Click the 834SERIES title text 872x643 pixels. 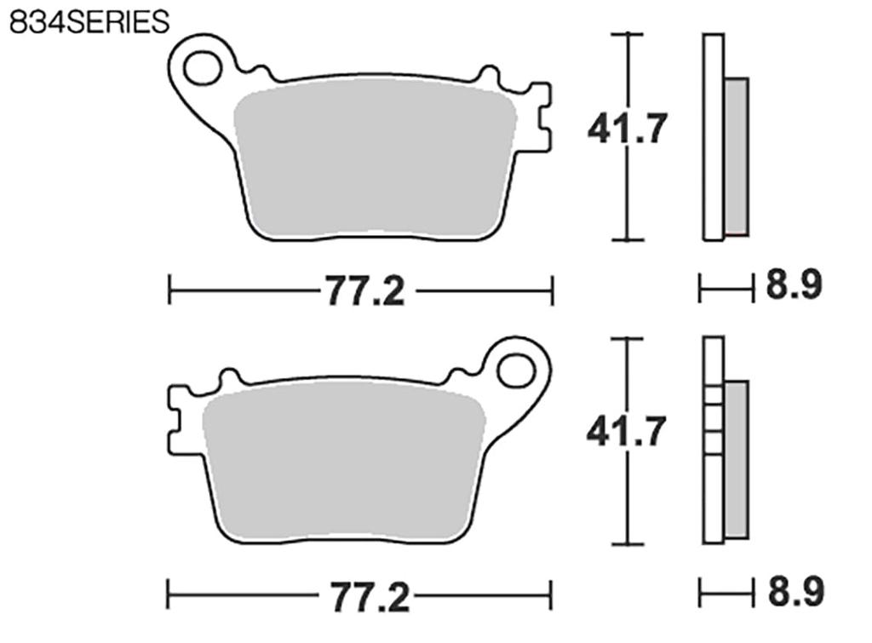point(89,21)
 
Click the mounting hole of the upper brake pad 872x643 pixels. point(202,67)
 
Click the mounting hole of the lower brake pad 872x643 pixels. point(515,370)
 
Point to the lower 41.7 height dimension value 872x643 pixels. point(626,433)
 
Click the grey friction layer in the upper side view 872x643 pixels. point(736,156)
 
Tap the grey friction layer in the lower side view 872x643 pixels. point(736,460)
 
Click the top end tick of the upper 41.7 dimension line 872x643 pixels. point(628,34)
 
